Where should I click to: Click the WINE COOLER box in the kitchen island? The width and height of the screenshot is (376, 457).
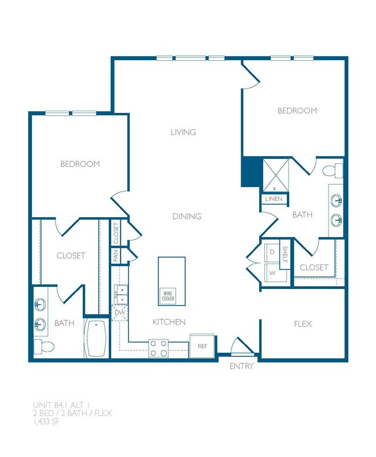(x=167, y=295)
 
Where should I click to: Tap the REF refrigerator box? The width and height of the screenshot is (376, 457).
(x=202, y=346)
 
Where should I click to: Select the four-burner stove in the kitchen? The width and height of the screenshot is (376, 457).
(x=158, y=348)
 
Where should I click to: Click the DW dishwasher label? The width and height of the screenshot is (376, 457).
(x=120, y=313)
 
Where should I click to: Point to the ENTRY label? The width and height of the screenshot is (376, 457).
(x=241, y=366)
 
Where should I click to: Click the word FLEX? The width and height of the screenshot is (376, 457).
(x=303, y=324)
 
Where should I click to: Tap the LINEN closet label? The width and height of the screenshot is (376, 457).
(x=274, y=199)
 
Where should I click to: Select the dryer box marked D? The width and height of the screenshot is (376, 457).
(x=271, y=253)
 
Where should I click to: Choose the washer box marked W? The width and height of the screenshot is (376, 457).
(x=271, y=272)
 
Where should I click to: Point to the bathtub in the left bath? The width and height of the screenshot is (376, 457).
(x=96, y=338)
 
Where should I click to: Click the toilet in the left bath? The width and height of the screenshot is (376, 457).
(x=43, y=346)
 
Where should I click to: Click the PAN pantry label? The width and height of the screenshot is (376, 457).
(x=116, y=255)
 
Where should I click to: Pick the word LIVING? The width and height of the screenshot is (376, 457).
(x=183, y=132)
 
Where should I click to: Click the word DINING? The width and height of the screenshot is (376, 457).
(x=187, y=217)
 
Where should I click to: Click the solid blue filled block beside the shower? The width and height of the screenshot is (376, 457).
(x=250, y=172)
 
